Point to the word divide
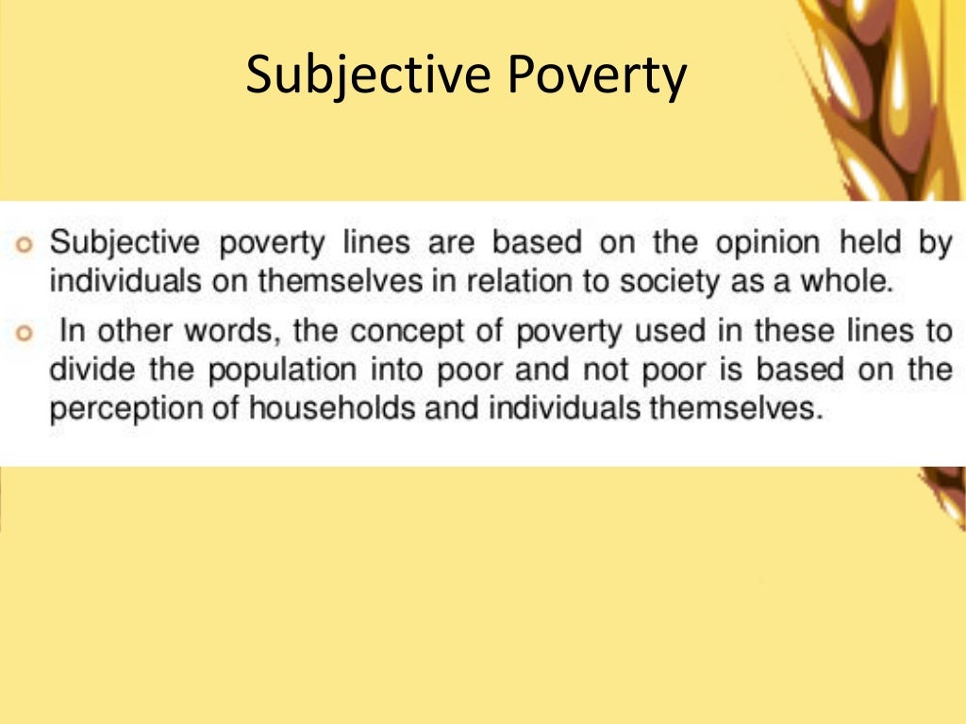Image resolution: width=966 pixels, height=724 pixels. (x=86, y=370)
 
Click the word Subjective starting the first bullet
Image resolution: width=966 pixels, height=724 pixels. (x=125, y=243)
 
